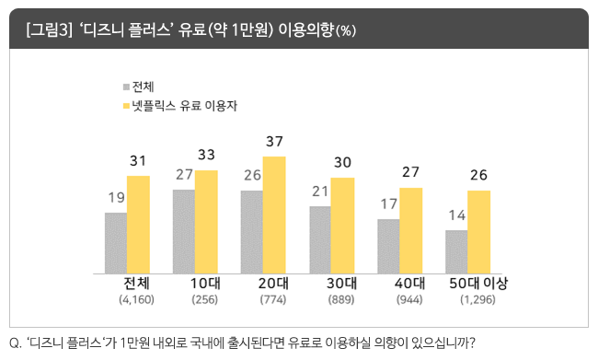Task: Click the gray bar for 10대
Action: tap(183, 232)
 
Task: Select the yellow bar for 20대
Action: tap(274, 215)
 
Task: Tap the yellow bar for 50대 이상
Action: tap(478, 232)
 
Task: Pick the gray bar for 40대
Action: tap(388, 247)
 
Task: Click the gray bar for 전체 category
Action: tap(116, 243)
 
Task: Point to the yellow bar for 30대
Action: tap(342, 226)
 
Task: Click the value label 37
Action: tap(274, 142)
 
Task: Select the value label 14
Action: tap(455, 215)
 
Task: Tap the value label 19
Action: tap(116, 198)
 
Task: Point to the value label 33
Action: tap(206, 155)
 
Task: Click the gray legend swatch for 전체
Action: tap(125, 87)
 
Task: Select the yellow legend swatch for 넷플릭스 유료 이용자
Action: tap(125, 107)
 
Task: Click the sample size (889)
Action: tap(341, 300)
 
